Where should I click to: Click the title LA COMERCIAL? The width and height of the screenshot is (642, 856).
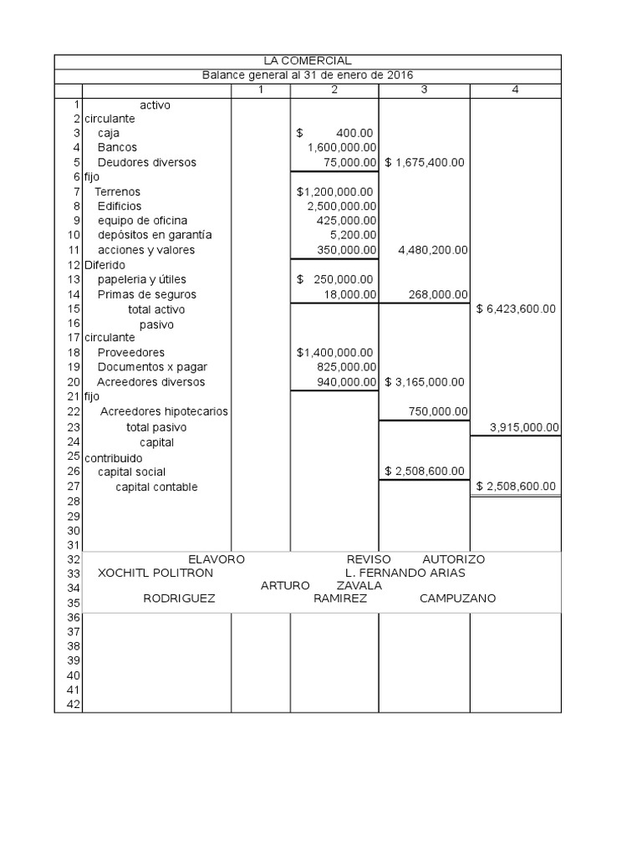[x=307, y=61]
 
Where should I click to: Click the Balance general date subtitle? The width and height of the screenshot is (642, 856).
[x=308, y=75]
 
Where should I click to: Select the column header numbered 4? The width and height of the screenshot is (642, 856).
[x=514, y=89]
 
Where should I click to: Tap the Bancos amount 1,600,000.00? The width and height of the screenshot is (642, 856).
[x=341, y=147]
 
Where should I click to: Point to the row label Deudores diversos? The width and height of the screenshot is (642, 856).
[x=146, y=162]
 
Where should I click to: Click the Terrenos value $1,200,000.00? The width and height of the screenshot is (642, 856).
[x=334, y=191]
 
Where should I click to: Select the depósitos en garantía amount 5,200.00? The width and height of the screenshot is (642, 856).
[x=354, y=236]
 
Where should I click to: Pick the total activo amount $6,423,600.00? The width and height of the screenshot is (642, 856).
[x=515, y=308]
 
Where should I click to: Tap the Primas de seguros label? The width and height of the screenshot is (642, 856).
[x=147, y=294]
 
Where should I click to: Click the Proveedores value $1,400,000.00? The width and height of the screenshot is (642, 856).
[x=334, y=353]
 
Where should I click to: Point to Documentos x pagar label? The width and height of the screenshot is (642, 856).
[x=152, y=367]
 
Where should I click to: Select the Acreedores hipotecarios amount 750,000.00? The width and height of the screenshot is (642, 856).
[x=437, y=411]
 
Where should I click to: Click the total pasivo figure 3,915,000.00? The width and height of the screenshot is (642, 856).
[x=523, y=427]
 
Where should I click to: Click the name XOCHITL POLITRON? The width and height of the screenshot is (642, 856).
[x=155, y=573]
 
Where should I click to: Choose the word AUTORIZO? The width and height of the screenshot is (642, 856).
[x=453, y=559]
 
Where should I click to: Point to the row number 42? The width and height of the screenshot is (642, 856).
[x=72, y=705]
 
